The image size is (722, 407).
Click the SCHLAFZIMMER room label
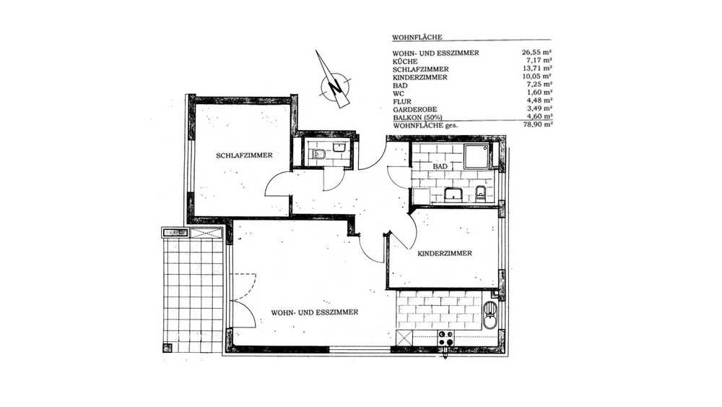(244, 156)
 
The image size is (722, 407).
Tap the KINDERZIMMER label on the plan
(444, 254)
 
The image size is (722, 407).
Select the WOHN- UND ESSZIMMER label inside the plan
(315, 312)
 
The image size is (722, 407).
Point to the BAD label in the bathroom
(440, 166)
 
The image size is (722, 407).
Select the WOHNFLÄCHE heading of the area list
(417, 38)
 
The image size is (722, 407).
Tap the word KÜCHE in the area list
(405, 61)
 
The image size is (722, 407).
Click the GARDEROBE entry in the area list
(415, 109)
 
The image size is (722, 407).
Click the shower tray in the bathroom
(477, 156)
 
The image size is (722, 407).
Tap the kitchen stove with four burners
(445, 339)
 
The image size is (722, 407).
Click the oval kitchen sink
(490, 315)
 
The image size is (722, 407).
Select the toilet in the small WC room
(319, 155)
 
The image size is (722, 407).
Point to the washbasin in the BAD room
(454, 194)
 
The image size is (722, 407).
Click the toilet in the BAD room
(481, 194)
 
